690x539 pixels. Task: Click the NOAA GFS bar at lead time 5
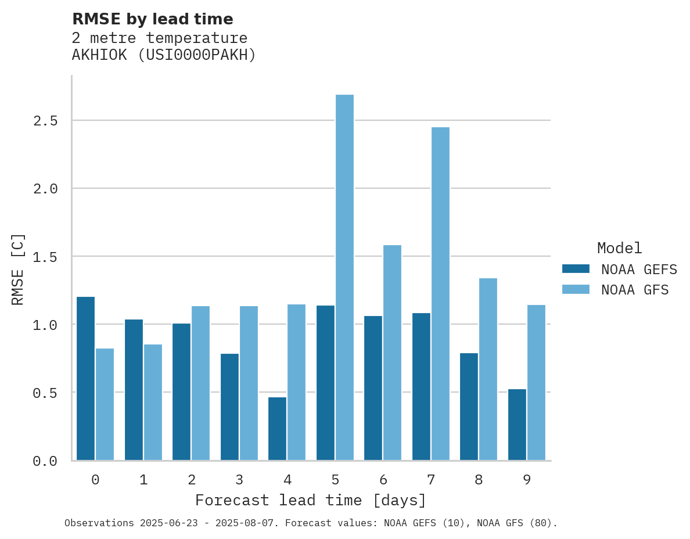(344, 277)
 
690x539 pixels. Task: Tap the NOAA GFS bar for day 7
(440, 293)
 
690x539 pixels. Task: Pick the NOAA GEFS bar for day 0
(85, 378)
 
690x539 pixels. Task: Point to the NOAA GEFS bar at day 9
(517, 425)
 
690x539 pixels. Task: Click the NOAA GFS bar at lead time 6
(392, 353)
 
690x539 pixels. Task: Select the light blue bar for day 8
(488, 369)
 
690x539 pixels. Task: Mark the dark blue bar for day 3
(229, 407)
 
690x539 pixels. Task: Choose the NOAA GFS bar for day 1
(153, 402)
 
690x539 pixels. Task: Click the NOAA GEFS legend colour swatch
(576, 269)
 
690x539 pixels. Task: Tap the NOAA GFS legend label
(635, 290)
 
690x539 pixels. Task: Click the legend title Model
(619, 248)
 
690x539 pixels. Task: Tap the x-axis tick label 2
(191, 480)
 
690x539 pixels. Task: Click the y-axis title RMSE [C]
(18, 269)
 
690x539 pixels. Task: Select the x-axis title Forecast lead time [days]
(311, 500)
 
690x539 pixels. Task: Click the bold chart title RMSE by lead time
(152, 19)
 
